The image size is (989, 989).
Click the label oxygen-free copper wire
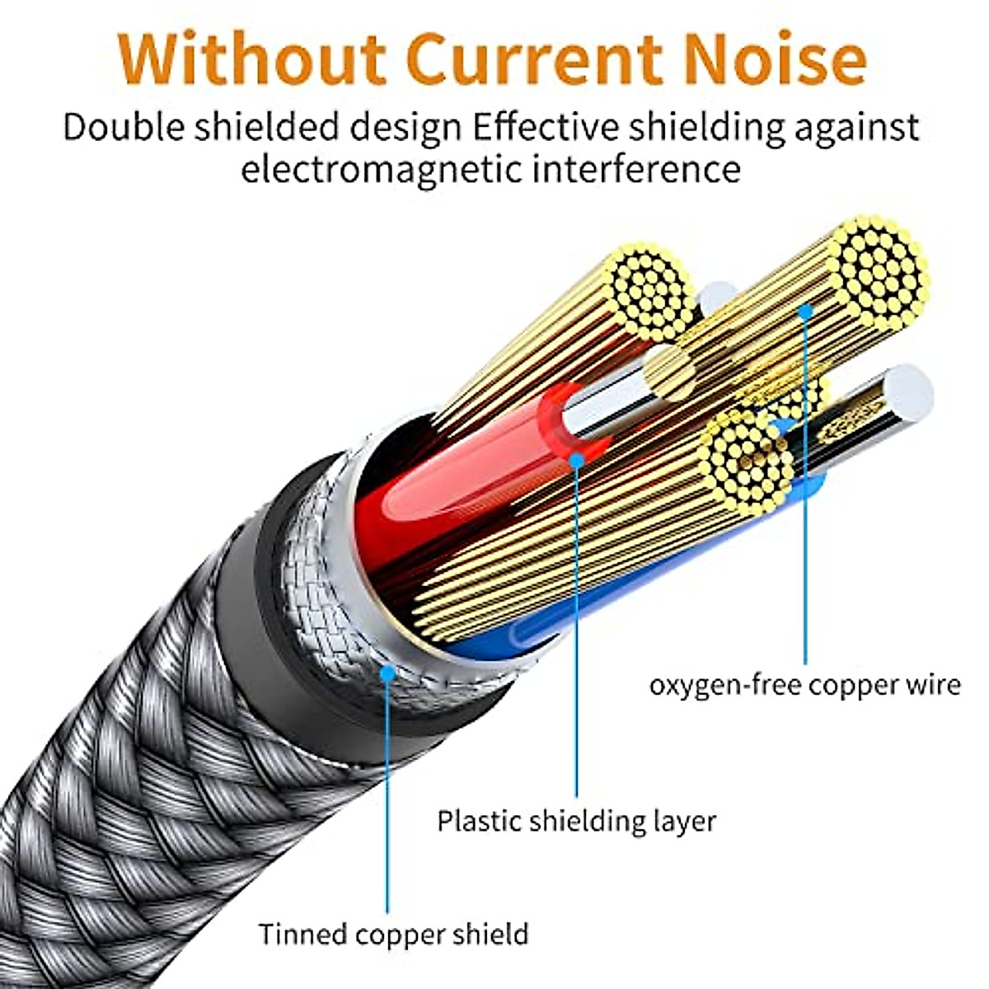804,685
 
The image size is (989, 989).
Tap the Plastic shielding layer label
576,821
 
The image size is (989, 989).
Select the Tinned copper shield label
393,934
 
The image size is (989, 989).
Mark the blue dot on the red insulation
576,458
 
